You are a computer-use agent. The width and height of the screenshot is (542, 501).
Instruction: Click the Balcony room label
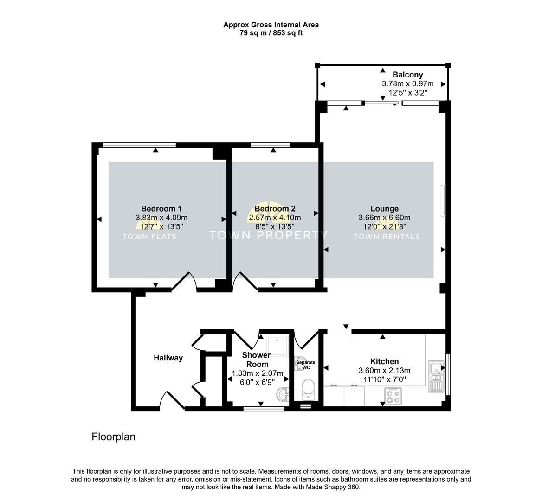tap(407, 75)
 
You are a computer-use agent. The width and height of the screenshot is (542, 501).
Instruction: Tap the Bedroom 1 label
tap(161, 208)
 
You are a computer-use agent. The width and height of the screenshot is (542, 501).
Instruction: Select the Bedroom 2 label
tap(275, 208)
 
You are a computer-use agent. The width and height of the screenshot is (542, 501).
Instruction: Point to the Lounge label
tap(384, 208)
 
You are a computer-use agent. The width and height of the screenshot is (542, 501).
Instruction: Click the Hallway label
tap(168, 358)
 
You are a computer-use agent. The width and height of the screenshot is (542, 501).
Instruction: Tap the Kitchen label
tap(384, 361)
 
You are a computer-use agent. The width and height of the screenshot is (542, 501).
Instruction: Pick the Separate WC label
tap(305, 365)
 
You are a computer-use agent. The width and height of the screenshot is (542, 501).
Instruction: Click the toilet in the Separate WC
tap(307, 388)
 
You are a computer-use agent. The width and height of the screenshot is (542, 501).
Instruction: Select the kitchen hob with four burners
tap(394, 397)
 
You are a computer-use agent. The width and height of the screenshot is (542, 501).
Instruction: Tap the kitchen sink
tap(436, 376)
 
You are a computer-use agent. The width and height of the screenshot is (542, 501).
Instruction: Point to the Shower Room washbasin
tap(283, 395)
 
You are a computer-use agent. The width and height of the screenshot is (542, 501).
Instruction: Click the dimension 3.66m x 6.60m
tap(384, 218)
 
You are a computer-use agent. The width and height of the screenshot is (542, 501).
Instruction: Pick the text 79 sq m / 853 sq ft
tap(271, 33)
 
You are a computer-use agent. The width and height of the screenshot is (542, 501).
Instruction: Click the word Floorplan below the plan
tap(113, 437)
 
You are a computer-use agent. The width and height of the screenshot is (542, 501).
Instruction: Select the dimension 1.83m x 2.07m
tap(257, 373)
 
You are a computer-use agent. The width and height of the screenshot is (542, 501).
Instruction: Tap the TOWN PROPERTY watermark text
tap(269, 235)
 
